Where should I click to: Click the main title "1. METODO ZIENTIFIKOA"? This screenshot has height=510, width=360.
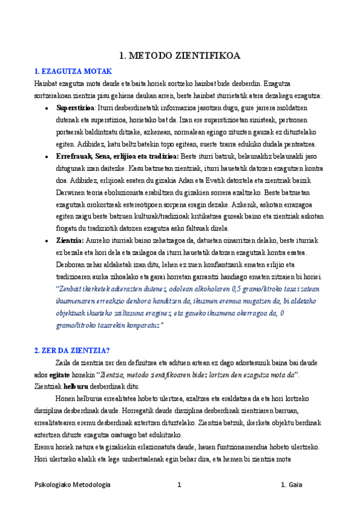click(180, 56)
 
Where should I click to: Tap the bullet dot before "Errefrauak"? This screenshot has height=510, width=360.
click(47, 157)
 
